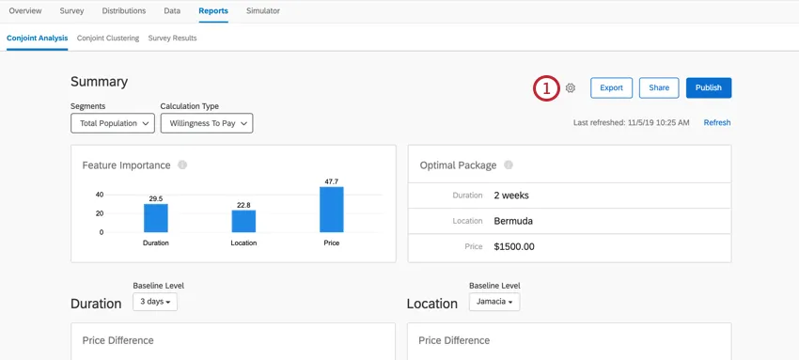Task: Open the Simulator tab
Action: coord(262,11)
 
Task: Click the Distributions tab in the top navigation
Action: coord(124,11)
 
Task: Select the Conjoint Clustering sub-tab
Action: coord(108,39)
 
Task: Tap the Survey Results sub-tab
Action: coord(172,39)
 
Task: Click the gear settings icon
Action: coord(571,88)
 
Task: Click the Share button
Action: coord(659,87)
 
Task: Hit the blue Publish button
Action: coord(709,87)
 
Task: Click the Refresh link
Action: coord(717,123)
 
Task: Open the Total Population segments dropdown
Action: coord(112,123)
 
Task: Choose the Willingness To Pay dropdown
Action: coord(207,123)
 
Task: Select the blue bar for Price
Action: coord(331,210)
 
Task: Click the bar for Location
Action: coord(243,221)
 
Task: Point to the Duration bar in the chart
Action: coord(156,218)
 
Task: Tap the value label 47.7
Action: coord(331,181)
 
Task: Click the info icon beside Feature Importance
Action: coord(182,164)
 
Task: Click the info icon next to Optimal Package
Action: coord(509,164)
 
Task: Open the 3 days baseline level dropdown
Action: coord(155,302)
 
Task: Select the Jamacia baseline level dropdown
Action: coord(494,302)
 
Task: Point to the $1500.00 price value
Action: coord(514,246)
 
